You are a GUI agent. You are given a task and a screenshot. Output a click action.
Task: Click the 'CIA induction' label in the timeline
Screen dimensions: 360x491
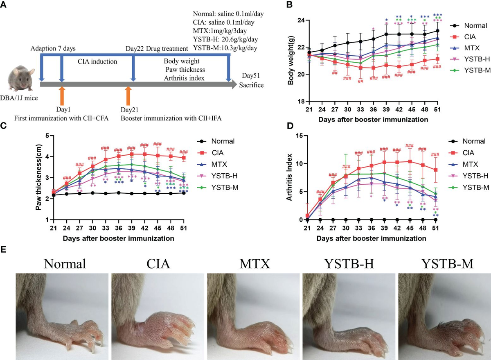pos(97,62)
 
